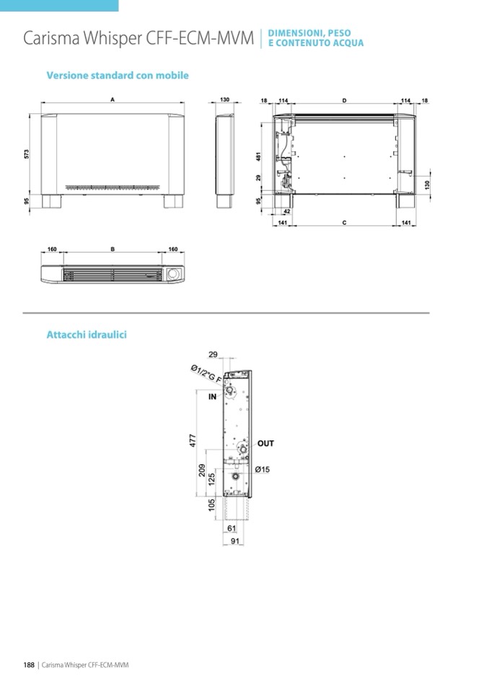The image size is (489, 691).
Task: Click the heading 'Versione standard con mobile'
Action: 118,76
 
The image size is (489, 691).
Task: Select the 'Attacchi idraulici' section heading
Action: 87,334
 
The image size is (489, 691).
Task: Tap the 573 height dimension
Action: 27,154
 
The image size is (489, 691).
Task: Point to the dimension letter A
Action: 113,100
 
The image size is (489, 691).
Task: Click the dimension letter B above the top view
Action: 113,249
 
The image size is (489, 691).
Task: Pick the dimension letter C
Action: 344,223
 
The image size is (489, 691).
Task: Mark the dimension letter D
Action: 344,100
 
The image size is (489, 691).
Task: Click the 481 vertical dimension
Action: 259,157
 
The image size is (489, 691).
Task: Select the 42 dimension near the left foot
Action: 286,212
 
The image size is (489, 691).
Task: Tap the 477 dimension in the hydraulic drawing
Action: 193,440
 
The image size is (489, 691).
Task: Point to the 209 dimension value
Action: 202,471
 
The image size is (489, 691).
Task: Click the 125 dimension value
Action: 211,479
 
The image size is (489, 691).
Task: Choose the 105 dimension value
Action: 211,504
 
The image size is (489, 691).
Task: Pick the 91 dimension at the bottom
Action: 235,540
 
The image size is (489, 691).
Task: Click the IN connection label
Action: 213,396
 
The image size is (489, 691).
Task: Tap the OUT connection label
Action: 265,443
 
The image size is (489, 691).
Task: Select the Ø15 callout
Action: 263,470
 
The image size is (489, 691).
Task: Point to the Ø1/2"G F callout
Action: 206,374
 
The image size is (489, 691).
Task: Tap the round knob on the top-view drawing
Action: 173,274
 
